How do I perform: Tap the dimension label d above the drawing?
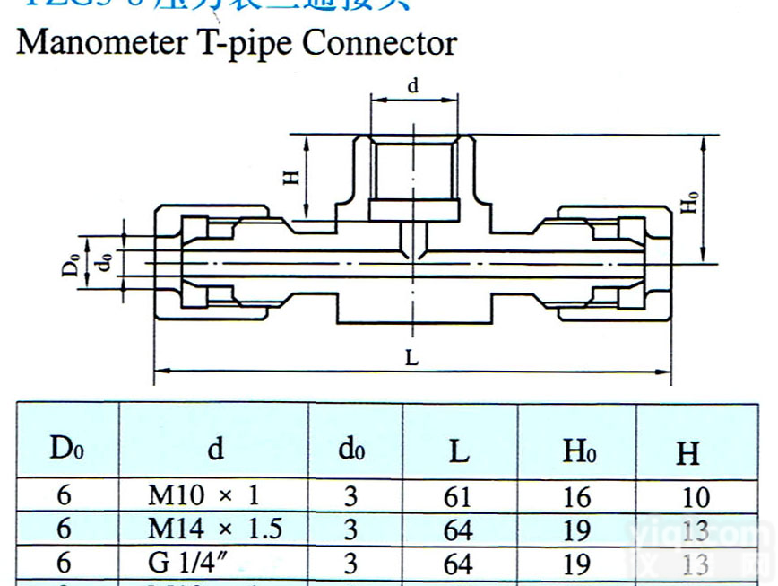(413, 86)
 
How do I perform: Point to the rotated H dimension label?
(290, 177)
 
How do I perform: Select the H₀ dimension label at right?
(689, 201)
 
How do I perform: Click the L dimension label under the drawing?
(411, 357)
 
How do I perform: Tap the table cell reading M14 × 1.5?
(215, 529)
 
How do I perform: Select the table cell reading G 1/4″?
(184, 563)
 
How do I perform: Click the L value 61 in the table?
(458, 496)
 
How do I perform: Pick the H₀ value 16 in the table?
(576, 496)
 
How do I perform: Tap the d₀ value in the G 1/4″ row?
(350, 564)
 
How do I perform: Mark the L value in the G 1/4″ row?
(458, 564)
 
